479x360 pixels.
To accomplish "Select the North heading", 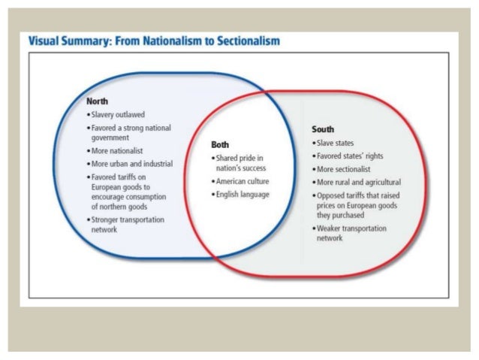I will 97,101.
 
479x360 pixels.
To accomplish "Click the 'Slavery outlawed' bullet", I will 117,114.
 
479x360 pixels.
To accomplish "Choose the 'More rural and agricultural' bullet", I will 358,182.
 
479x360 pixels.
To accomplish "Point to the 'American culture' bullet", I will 242,181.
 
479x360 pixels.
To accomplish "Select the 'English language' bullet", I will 242,194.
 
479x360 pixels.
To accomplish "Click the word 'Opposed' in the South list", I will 332,195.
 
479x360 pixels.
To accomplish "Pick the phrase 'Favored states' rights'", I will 350,156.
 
